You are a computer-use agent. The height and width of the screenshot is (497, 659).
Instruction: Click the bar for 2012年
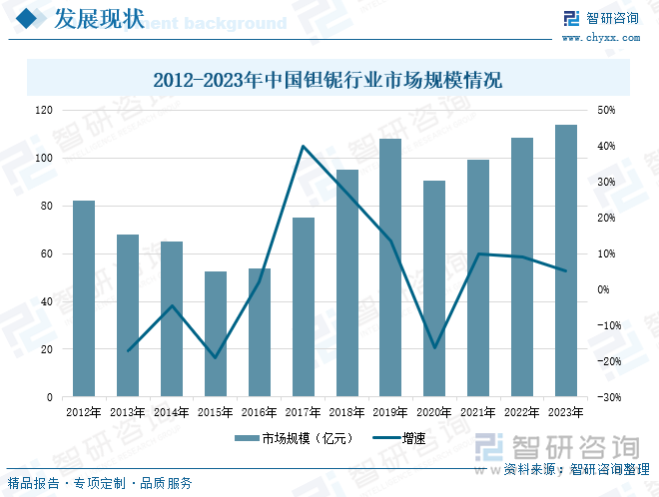click(x=84, y=298)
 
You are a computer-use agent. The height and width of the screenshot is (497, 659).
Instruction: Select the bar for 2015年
click(x=216, y=333)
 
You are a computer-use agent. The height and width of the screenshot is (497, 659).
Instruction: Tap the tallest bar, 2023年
click(x=566, y=260)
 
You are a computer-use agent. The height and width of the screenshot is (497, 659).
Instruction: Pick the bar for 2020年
click(x=434, y=288)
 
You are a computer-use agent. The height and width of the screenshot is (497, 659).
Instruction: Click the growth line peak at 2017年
click(x=303, y=147)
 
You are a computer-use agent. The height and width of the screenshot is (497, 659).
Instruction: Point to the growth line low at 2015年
click(x=216, y=357)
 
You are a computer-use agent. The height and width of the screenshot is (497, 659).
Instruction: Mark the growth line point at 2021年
click(x=478, y=253)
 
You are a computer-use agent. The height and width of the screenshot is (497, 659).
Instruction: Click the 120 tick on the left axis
click(x=43, y=110)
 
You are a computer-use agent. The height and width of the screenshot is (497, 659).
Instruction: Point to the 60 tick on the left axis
click(x=46, y=253)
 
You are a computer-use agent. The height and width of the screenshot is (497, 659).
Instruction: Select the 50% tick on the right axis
click(x=606, y=110)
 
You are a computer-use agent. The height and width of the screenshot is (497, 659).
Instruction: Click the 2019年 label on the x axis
click(x=390, y=411)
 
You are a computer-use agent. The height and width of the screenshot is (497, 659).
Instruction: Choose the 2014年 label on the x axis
click(x=172, y=411)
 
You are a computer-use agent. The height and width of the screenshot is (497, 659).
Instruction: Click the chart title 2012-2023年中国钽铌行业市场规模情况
click(x=329, y=79)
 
